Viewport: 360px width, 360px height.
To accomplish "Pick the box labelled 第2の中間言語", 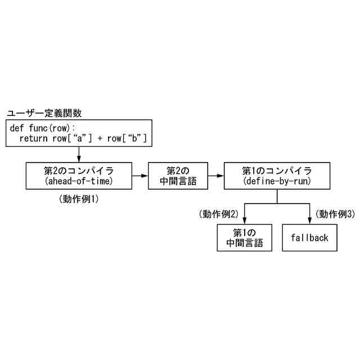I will click(178, 175).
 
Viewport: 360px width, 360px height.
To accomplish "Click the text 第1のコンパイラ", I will click(277, 170).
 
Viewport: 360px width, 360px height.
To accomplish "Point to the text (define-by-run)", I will click(277, 181).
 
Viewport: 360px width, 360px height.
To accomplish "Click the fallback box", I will click(310, 237).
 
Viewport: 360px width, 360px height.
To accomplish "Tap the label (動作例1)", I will click(82, 199).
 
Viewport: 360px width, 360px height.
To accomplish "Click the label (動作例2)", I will click(219, 214).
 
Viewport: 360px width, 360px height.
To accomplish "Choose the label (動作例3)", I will click(335, 214).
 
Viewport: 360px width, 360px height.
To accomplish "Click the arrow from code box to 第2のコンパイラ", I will click(79, 154).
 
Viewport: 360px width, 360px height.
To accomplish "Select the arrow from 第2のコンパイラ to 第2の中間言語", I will click(139, 175).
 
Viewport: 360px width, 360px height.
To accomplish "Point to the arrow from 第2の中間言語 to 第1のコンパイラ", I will click(216, 175).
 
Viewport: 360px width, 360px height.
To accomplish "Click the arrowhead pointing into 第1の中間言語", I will click(245, 220).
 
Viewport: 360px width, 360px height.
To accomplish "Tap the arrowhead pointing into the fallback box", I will click(310, 220).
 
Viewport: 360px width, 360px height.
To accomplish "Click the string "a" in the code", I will click(76, 138).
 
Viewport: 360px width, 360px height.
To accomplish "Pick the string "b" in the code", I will click(134, 138).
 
